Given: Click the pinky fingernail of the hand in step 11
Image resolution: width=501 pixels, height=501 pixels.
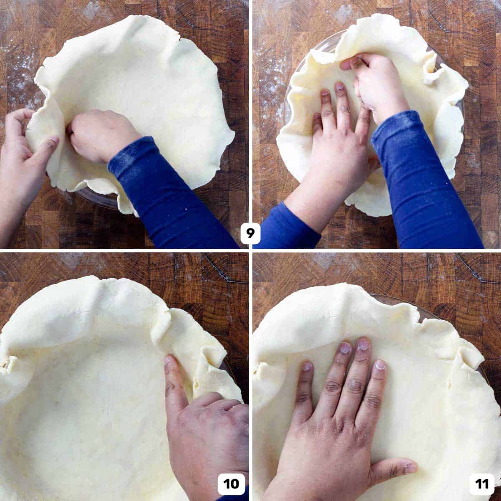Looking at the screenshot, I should point(308,367).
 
